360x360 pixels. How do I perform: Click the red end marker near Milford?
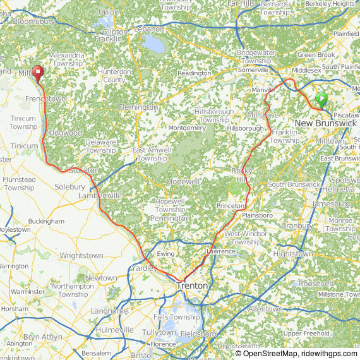click(x=37, y=74)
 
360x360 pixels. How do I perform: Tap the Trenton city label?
click(x=191, y=285)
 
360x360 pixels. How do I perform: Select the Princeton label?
click(x=230, y=207)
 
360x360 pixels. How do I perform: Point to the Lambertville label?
click(x=99, y=196)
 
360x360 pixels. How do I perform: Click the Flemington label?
click(x=138, y=107)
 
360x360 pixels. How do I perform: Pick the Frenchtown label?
click(x=45, y=99)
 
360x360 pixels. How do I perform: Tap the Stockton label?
click(x=84, y=171)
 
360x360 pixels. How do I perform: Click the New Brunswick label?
click(x=325, y=123)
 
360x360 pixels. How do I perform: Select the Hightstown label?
click(x=292, y=253)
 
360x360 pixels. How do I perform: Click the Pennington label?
click(x=169, y=219)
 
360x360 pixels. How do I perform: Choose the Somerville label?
click(x=253, y=70)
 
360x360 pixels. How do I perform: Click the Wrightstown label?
click(x=81, y=256)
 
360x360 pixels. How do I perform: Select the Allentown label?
click(x=265, y=309)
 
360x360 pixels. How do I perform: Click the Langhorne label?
click(x=109, y=311)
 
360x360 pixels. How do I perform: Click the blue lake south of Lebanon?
click(x=153, y=44)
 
